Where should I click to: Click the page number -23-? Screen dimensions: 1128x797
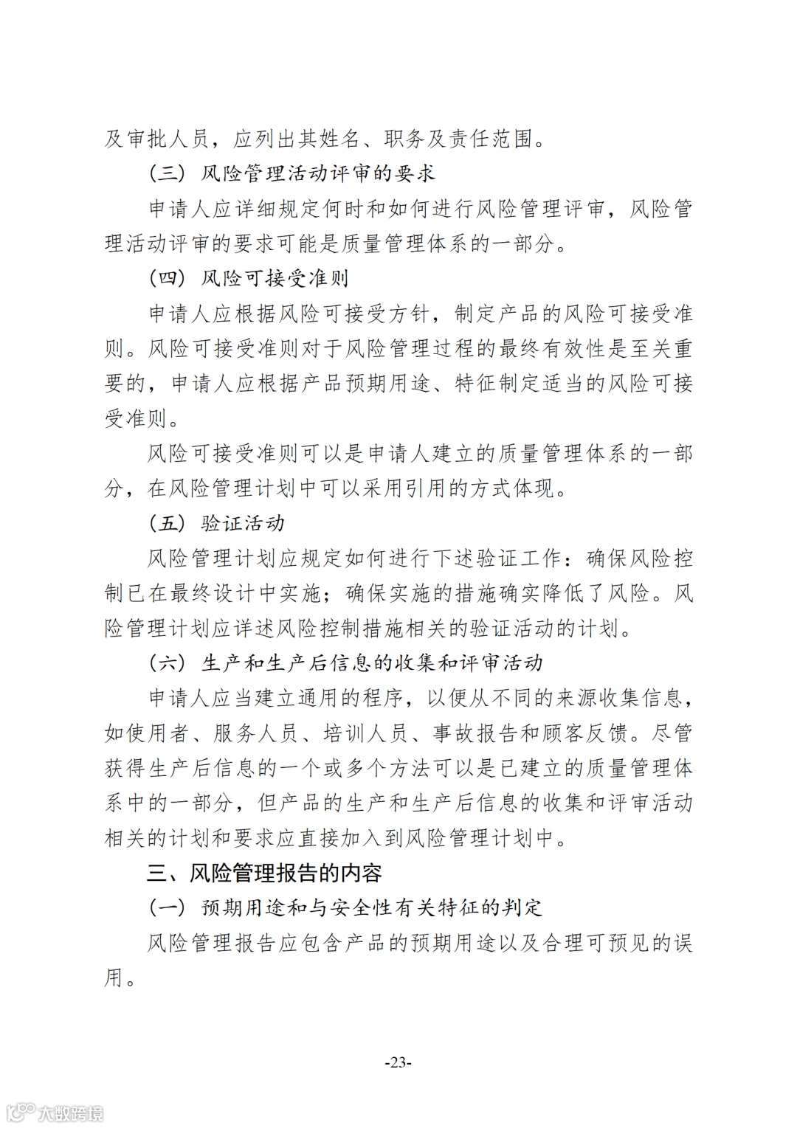pos(398,1062)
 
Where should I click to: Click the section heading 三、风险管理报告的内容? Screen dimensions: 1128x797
pos(264,873)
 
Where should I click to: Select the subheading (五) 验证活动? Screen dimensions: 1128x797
pos(217,523)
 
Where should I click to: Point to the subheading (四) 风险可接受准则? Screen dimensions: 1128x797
pos(249,278)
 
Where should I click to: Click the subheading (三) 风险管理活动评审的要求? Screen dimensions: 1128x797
pos(292,173)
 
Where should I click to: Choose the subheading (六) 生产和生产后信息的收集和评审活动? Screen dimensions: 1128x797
pos(346,662)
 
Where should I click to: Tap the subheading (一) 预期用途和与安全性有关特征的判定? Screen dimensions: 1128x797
pos(346,907)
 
